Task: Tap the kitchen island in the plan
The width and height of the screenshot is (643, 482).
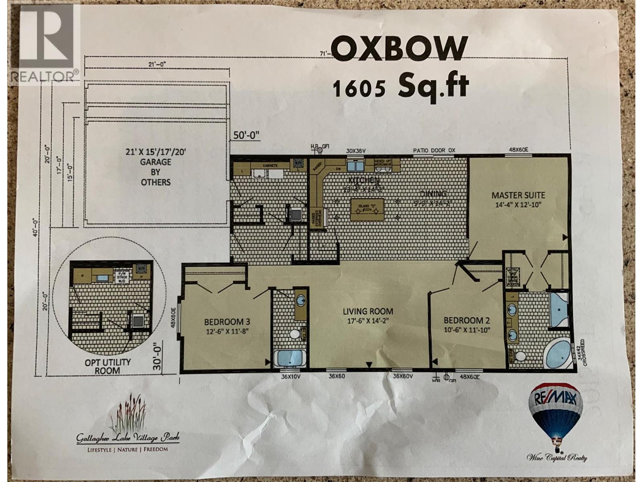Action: point(367,209)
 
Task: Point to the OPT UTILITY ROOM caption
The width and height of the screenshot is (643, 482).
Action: point(108,366)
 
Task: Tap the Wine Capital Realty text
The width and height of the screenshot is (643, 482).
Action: point(557,458)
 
